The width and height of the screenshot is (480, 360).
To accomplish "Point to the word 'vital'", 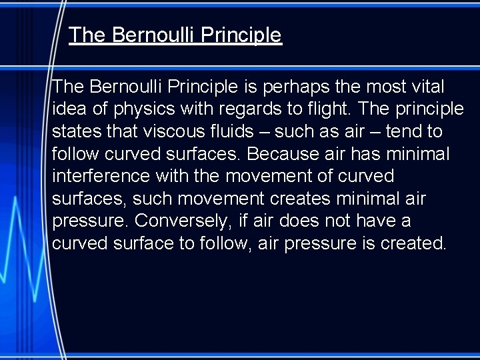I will click(427, 87).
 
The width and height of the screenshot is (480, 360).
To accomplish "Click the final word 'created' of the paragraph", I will click(413, 244).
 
